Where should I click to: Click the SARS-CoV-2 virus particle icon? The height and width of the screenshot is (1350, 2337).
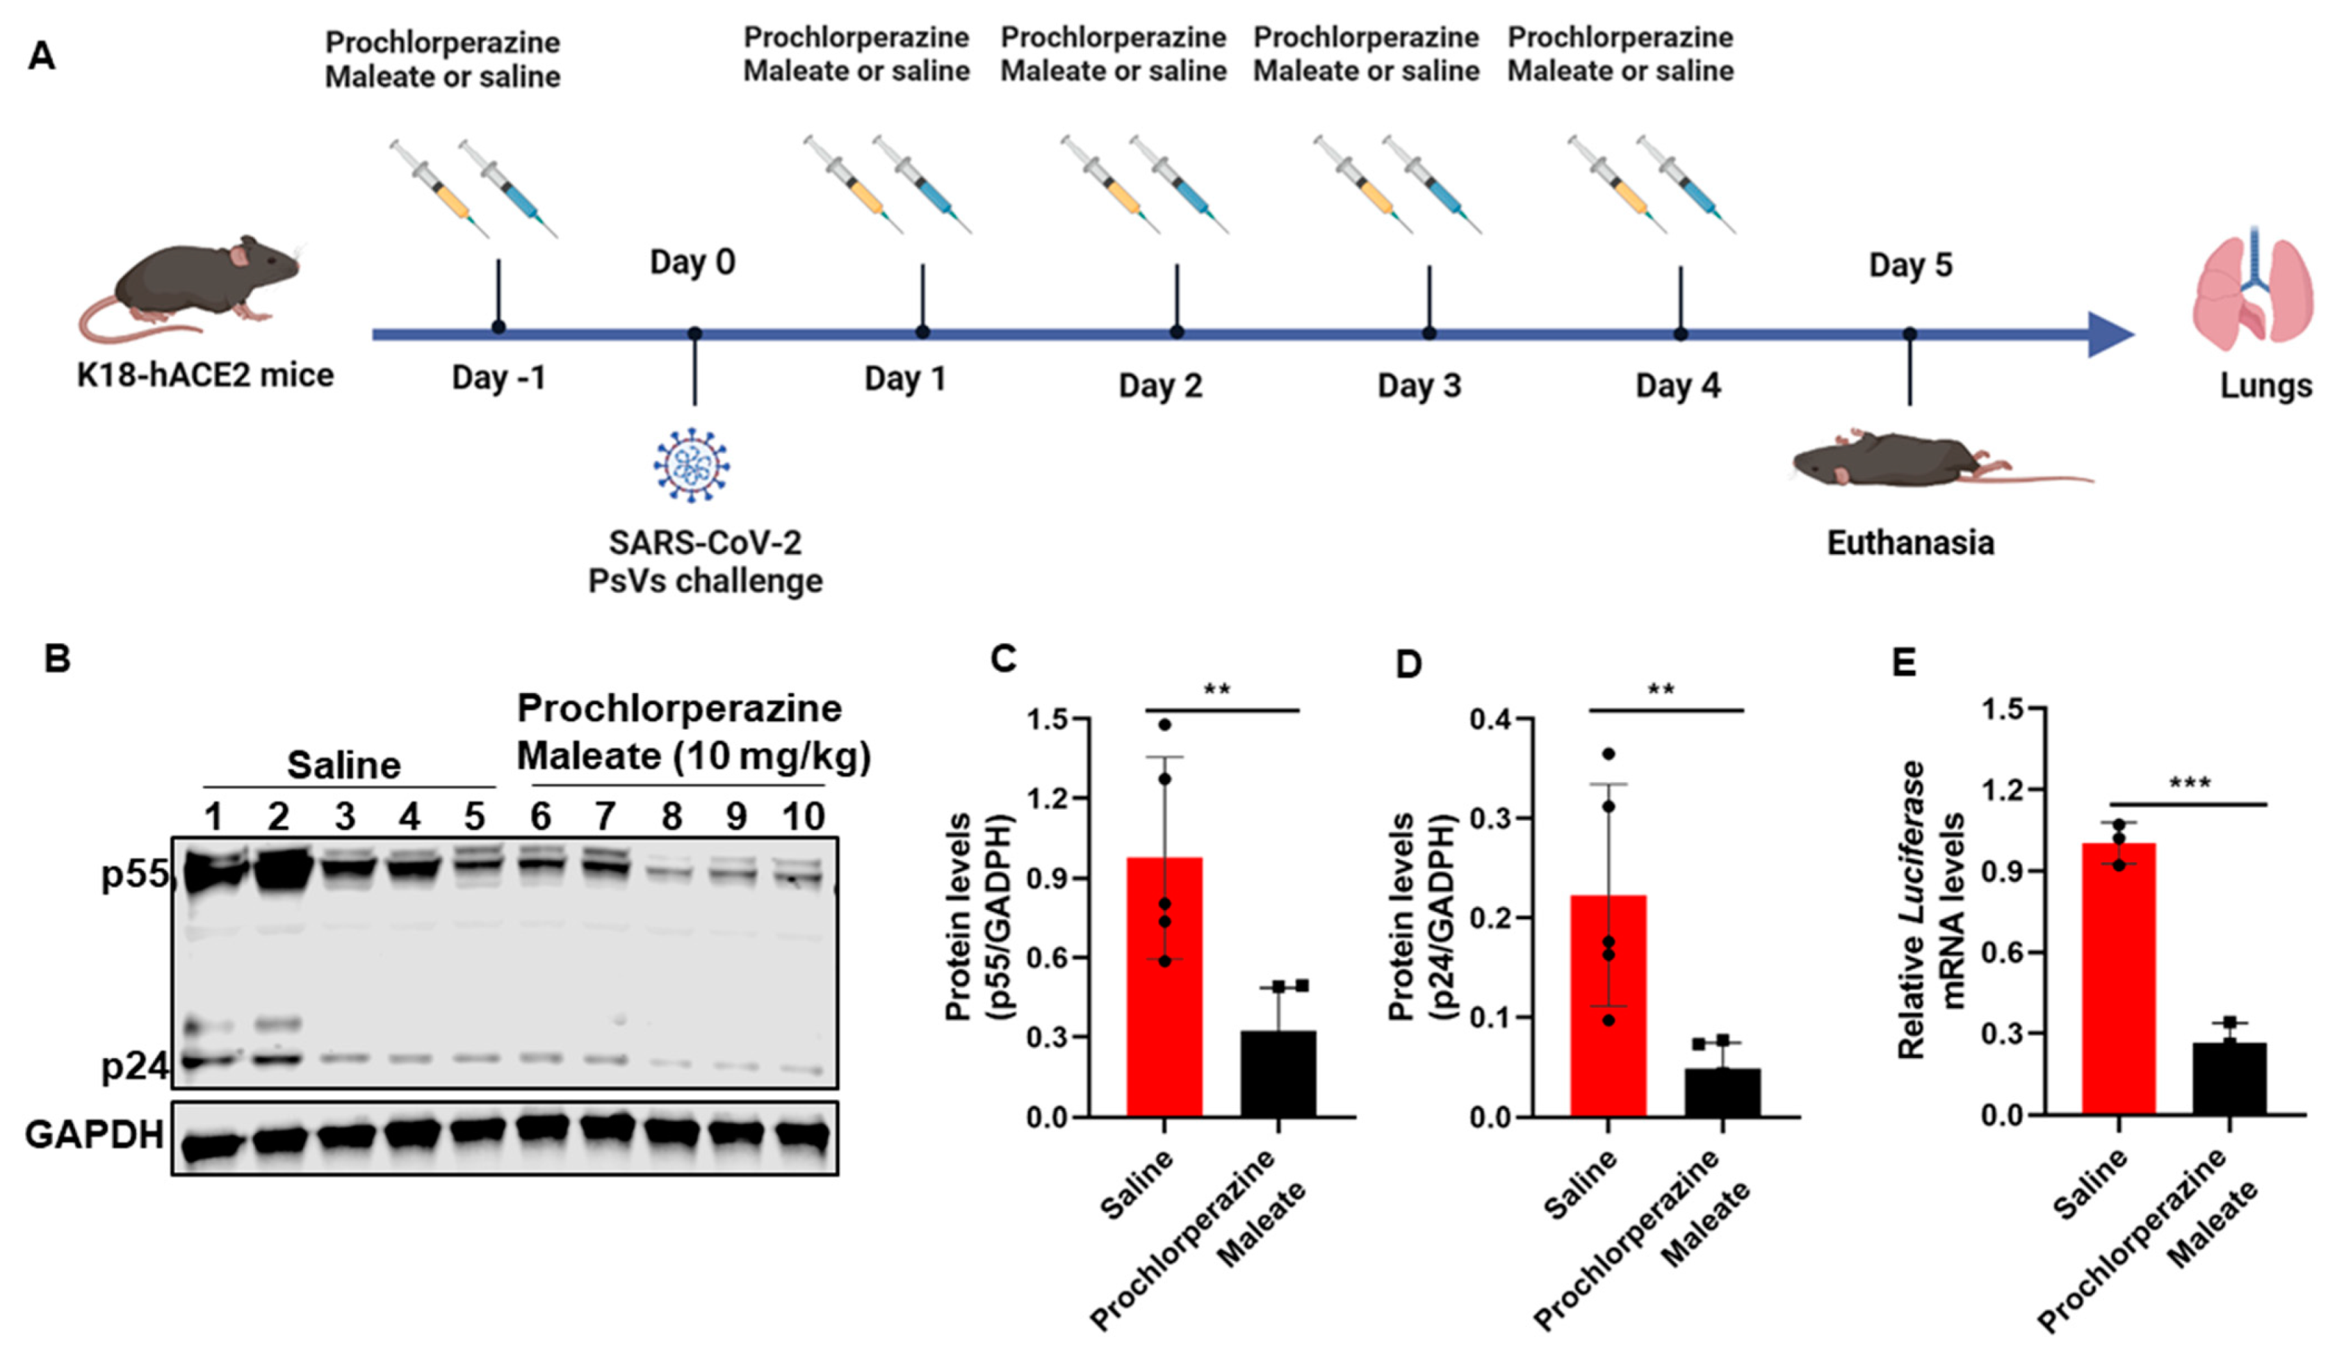click(691, 464)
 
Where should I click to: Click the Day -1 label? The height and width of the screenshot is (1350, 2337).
click(498, 378)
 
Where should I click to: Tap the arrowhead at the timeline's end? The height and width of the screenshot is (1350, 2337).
click(2109, 334)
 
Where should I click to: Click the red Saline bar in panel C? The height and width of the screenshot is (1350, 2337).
click(1164, 986)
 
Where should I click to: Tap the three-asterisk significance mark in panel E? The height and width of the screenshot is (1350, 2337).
click(2189, 784)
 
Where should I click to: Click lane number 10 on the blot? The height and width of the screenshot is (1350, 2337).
click(802, 817)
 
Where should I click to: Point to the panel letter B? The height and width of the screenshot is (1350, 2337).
click(58, 658)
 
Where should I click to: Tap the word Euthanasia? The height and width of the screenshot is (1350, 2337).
click(1909, 542)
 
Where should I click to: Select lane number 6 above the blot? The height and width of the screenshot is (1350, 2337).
click(540, 817)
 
